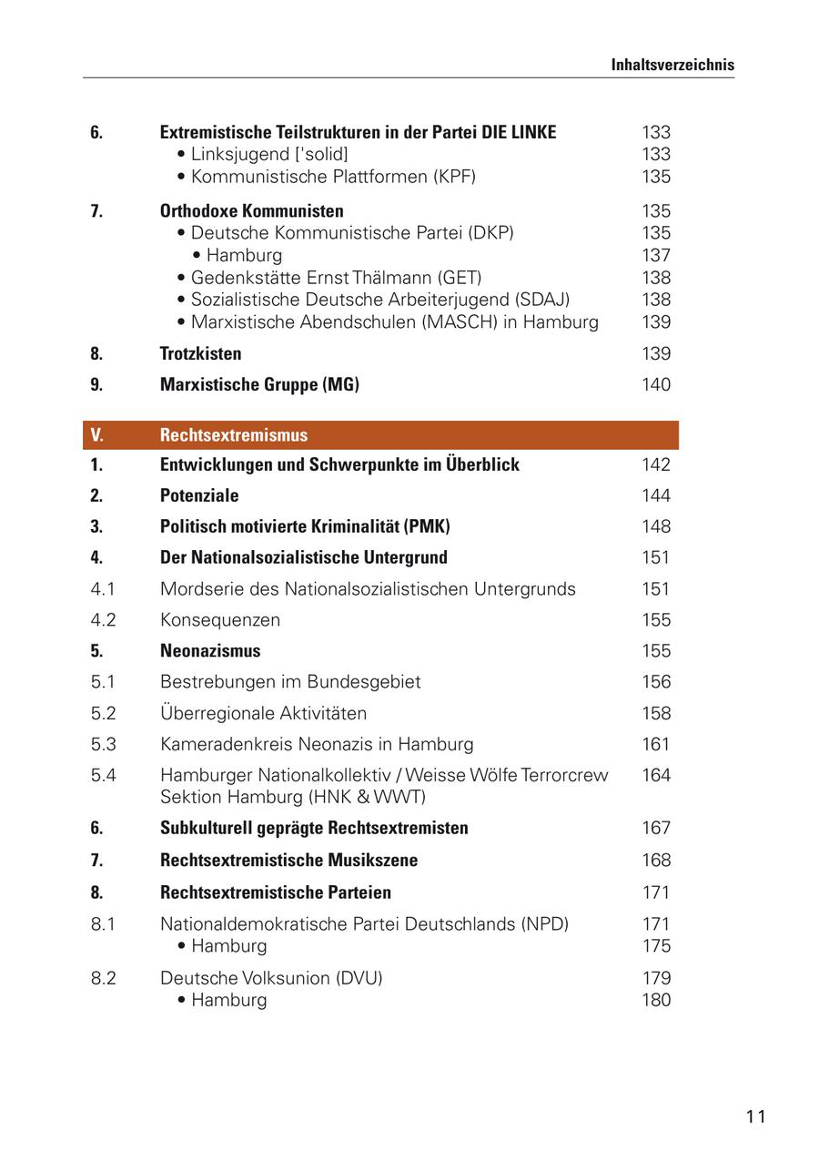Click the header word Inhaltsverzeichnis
pos(672,65)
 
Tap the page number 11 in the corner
pos(755,1116)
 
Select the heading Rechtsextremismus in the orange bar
pos(234,435)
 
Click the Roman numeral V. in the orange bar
pos(97,435)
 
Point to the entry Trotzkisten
pos(200,353)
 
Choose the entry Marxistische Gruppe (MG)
pos(259,384)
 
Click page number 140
pos(655,384)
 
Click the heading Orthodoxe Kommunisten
pos(252,211)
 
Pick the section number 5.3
pos(104,744)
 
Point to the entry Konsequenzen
pos(220,620)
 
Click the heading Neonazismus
pos(210,651)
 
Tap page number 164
pos(655,775)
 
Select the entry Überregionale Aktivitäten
pos(263,713)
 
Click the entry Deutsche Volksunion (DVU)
pos(271,978)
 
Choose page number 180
pos(655,1000)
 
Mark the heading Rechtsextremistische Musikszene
pos(288,860)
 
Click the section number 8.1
pos(104,923)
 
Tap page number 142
pos(655,464)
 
